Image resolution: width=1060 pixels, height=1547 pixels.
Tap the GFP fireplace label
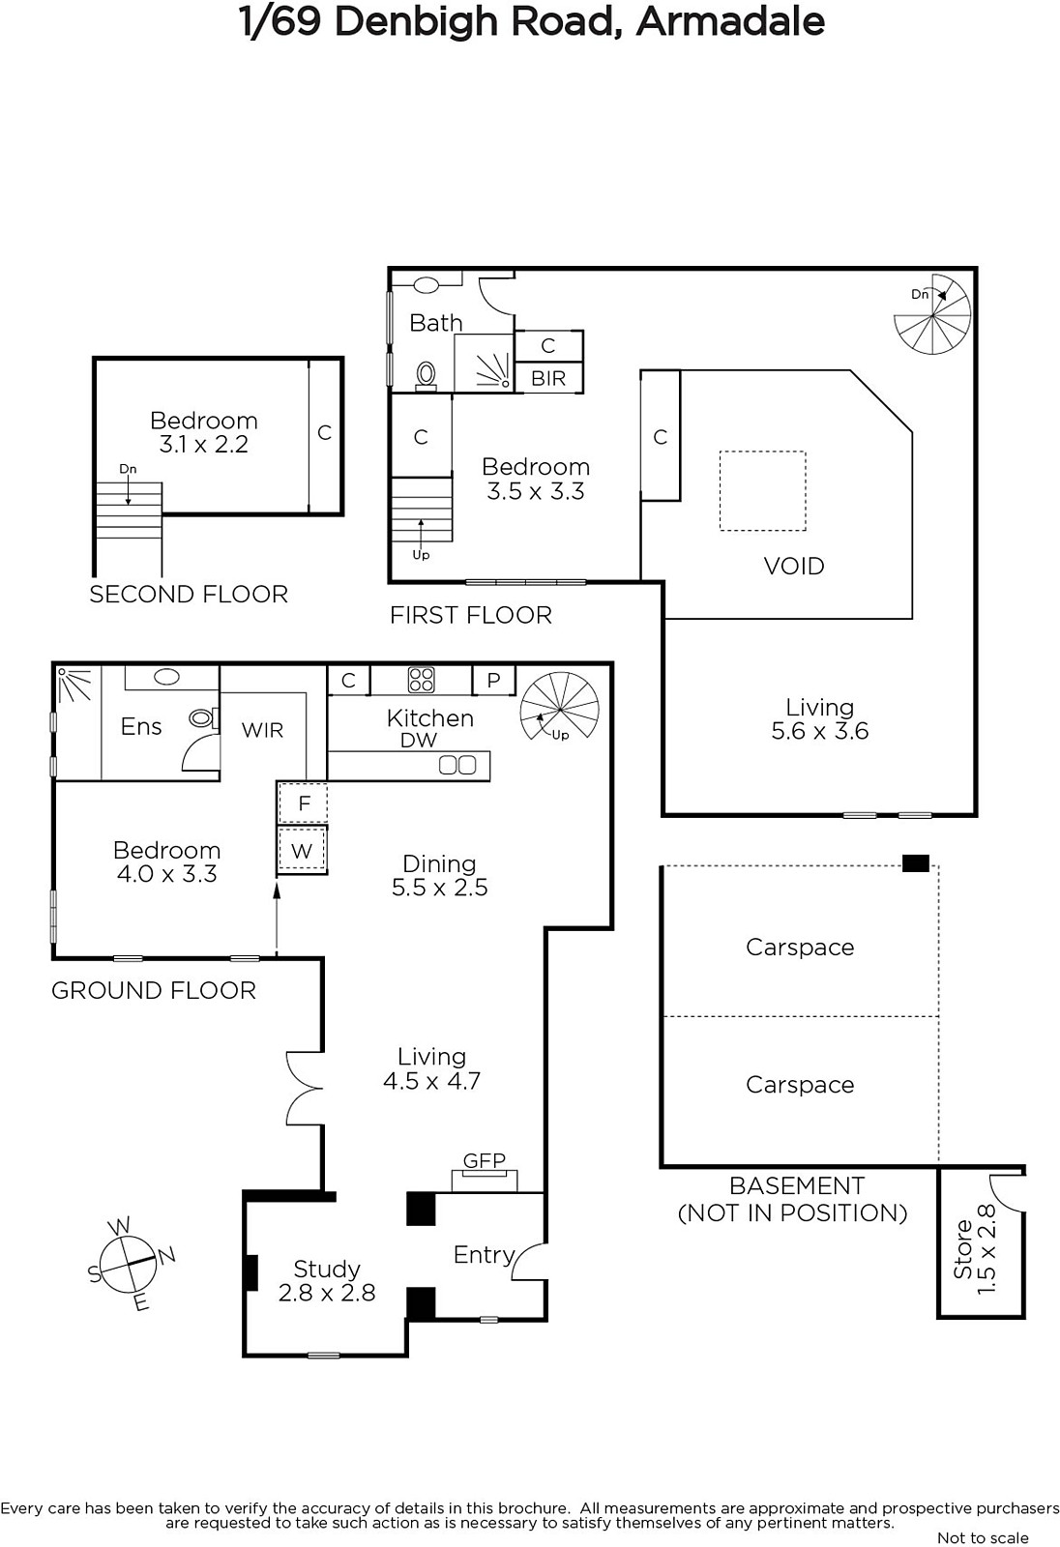(484, 1160)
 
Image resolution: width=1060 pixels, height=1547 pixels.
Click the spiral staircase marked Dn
(932, 314)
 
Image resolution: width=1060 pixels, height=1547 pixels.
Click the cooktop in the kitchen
(421, 679)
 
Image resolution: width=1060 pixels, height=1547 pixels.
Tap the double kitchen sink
(457, 765)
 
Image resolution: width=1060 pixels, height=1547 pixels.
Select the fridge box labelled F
(303, 803)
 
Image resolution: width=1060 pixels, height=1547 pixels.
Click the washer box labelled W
(302, 850)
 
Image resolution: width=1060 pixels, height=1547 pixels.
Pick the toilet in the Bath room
(427, 376)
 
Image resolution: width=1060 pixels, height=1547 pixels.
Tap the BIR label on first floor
(548, 378)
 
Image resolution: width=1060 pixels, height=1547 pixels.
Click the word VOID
(794, 567)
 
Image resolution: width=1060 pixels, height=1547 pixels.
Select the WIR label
(262, 730)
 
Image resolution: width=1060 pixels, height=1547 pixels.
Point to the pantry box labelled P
(493, 681)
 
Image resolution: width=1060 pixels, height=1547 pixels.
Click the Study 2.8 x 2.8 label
(326, 1280)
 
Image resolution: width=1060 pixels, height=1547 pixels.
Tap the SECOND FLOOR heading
(189, 595)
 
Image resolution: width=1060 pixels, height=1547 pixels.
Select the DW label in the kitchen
(419, 741)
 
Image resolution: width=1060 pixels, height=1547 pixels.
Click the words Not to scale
(984, 1538)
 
